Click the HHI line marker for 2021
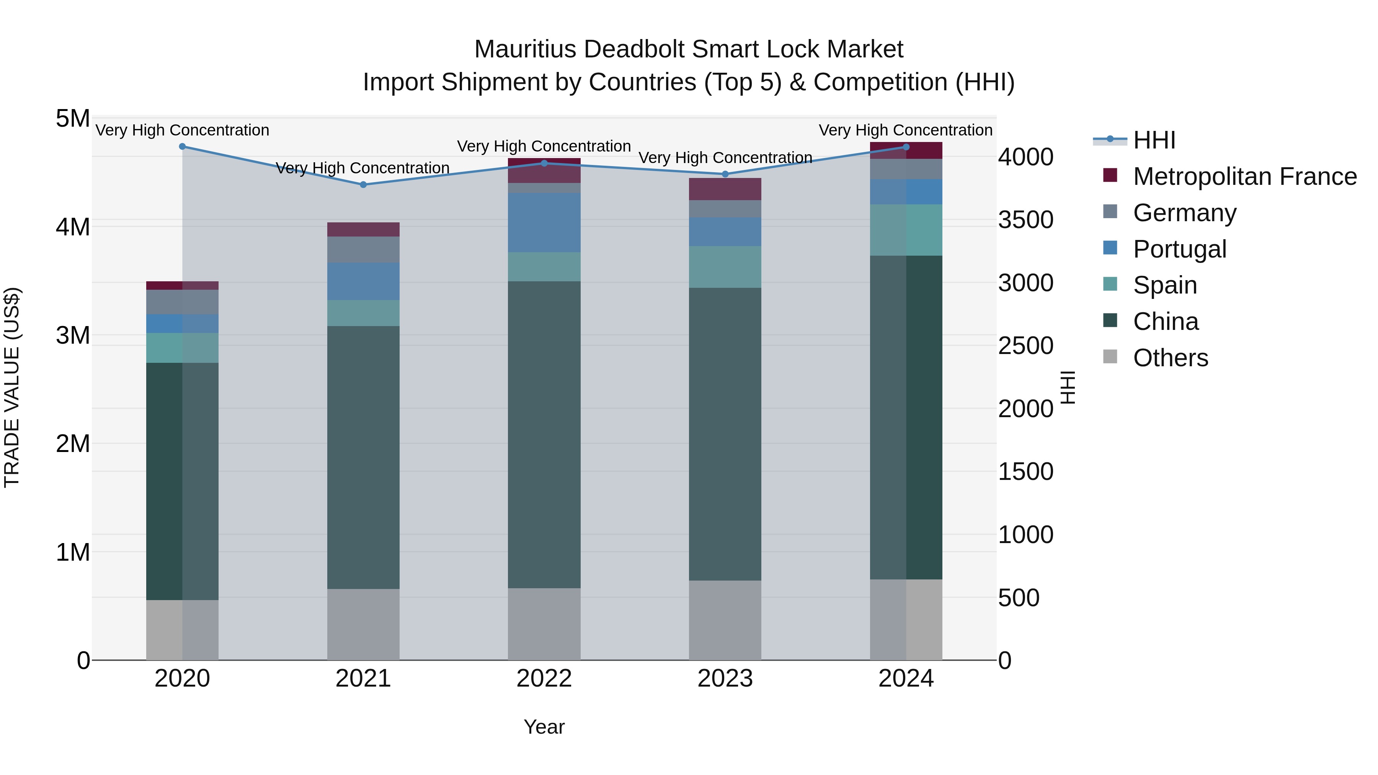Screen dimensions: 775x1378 [x=363, y=184]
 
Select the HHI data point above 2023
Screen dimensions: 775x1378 [x=725, y=174]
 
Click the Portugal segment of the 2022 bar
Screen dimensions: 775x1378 [x=544, y=222]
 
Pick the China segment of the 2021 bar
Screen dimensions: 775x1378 [x=363, y=457]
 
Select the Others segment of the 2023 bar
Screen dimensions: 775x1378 [x=725, y=620]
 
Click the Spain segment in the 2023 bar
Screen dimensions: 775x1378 [x=725, y=267]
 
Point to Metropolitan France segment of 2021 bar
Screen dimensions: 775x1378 [x=363, y=230]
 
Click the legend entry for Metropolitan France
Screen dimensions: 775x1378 [x=1244, y=176]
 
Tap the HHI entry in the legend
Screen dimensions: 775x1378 [x=1154, y=140]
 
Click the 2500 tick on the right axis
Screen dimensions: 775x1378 [x=1025, y=346]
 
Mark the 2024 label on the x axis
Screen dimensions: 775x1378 [x=906, y=679]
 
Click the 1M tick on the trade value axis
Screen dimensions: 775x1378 [x=73, y=552]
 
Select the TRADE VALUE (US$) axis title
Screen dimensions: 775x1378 [x=12, y=387]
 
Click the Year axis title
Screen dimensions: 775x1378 [x=544, y=727]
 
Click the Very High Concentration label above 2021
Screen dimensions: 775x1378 [x=363, y=168]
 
